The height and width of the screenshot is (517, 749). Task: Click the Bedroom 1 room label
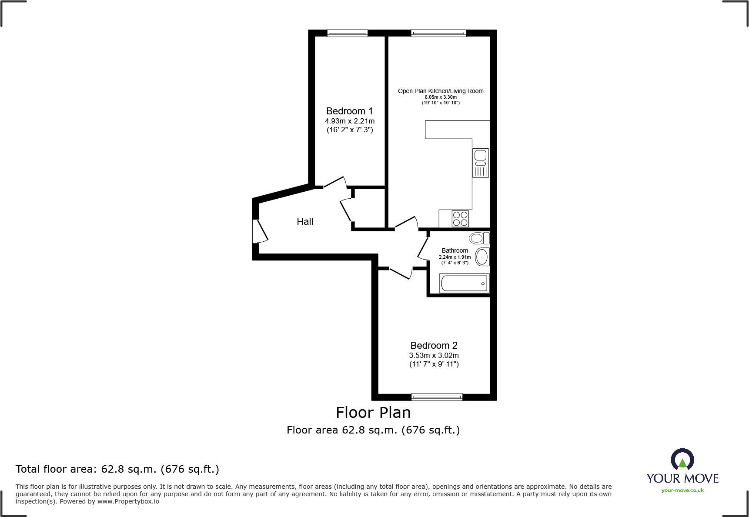point(349,111)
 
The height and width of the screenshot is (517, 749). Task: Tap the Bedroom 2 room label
point(434,346)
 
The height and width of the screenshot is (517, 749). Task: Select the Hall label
point(305,222)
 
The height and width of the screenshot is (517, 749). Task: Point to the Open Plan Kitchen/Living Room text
point(441,91)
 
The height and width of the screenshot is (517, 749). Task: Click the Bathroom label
point(455,250)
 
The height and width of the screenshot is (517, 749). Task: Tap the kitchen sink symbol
point(481,163)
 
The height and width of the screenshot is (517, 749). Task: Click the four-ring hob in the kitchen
point(460,219)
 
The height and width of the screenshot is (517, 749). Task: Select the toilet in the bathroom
point(479,238)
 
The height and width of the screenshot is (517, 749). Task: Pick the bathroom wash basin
point(482,257)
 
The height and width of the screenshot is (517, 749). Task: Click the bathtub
point(465,284)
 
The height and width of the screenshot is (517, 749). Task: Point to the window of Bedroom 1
point(348,33)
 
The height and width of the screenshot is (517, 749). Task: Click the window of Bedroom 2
point(437,397)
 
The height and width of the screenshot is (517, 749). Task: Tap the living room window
point(438,33)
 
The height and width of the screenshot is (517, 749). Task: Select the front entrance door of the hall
point(260,231)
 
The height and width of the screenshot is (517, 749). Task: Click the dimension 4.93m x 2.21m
point(350,121)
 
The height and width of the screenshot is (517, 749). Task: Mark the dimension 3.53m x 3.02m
point(434,356)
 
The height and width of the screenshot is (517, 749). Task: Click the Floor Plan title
point(373,413)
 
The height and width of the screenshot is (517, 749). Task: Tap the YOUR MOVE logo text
point(682,479)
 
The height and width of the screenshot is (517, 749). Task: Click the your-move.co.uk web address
point(682,490)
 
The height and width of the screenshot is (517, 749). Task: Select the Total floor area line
point(117,469)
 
